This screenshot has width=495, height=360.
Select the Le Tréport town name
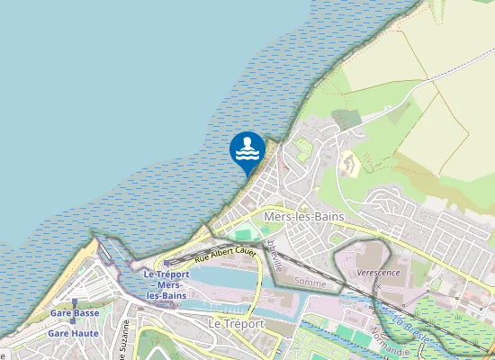coord(236,323)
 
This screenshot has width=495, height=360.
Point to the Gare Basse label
coord(75,313)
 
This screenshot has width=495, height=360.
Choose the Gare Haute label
coord(74,333)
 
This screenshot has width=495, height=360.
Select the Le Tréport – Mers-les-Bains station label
coord(162,284)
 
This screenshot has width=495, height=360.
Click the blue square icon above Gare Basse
coord(75,303)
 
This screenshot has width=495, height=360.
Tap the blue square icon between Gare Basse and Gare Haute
coord(74,323)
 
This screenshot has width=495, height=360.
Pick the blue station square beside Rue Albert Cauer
coord(167,263)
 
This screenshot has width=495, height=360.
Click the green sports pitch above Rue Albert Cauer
coord(242,234)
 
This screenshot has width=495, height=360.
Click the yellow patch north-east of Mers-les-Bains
coord(349,165)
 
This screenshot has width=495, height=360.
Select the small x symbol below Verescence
coord(379,286)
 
